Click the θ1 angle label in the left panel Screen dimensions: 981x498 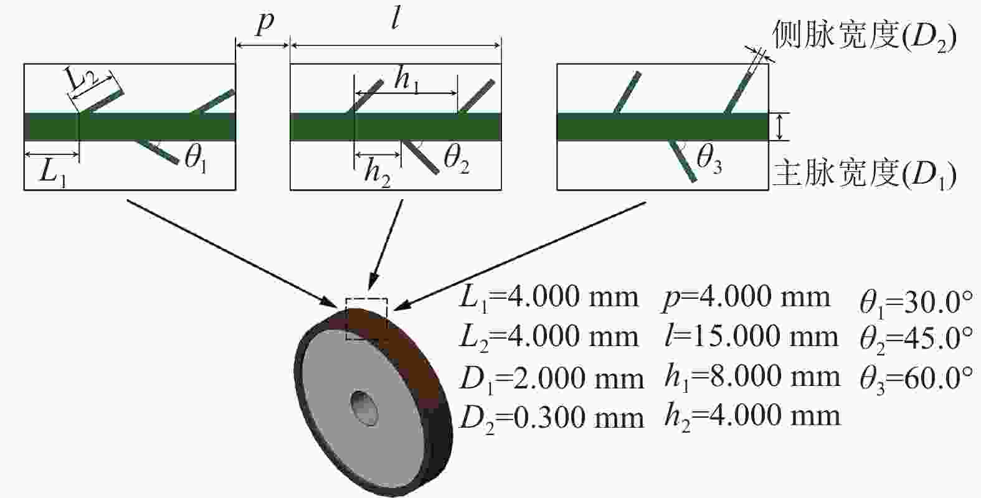pos(196,158)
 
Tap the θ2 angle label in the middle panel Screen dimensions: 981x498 pos(456,158)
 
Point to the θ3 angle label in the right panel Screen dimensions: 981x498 pos(709,158)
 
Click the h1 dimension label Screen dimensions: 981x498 pos(407,80)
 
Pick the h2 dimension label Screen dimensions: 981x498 pos(377,173)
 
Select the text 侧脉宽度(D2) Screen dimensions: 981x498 pos(864,36)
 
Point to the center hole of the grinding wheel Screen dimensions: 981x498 pos(364,407)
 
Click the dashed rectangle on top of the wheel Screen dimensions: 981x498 pos(367,299)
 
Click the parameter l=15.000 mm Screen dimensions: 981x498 pos(751,337)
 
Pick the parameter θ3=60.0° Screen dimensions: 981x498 pos(916,379)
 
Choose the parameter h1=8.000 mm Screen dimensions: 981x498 pos(752,377)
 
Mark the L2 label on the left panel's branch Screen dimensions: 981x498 pos(82,80)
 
